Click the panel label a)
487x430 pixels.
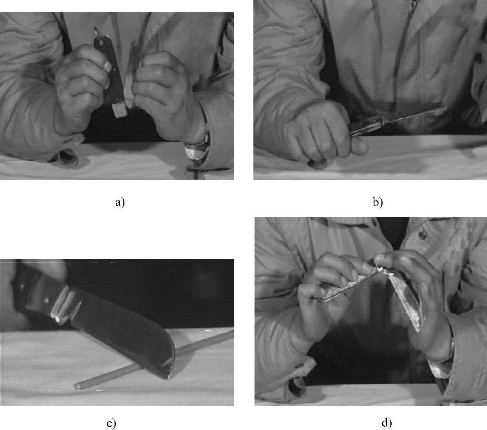pos(120,203)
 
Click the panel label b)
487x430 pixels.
pos(378,203)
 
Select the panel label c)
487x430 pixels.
pos(111,424)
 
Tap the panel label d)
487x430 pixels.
pos(387,423)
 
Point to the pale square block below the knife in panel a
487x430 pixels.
pos(120,110)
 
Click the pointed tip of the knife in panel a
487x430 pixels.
pos(95,28)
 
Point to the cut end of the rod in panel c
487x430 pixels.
pos(77,386)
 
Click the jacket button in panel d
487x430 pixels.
pos(422,235)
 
